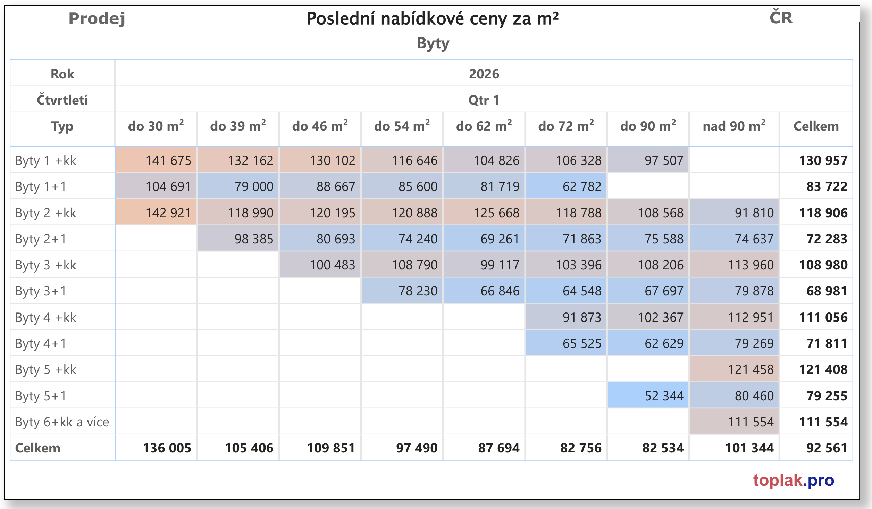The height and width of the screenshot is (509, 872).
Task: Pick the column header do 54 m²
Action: click(x=402, y=126)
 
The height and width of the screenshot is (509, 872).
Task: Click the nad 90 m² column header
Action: click(x=734, y=126)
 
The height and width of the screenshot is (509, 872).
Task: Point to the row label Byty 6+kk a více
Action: click(x=62, y=422)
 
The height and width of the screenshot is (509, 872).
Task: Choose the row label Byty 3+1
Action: click(x=41, y=291)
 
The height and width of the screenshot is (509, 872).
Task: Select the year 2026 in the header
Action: click(x=484, y=74)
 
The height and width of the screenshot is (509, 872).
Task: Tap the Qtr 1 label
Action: click(x=484, y=100)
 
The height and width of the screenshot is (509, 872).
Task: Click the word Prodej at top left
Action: click(x=97, y=18)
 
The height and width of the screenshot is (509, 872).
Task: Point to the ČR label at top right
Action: click(x=781, y=18)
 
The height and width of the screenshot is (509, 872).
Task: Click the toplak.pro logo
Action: click(x=793, y=480)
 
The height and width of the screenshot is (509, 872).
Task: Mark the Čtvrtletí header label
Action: click(x=62, y=100)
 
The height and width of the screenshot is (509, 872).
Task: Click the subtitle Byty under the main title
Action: click(x=433, y=43)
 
